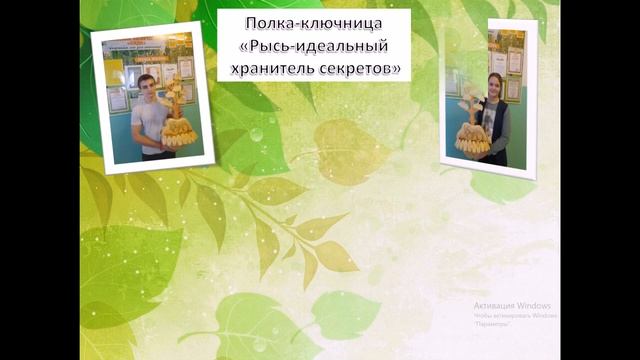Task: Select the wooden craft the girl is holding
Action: click(x=473, y=134)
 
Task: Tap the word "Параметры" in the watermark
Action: click(x=493, y=324)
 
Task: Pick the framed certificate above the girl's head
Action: click(x=514, y=61)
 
